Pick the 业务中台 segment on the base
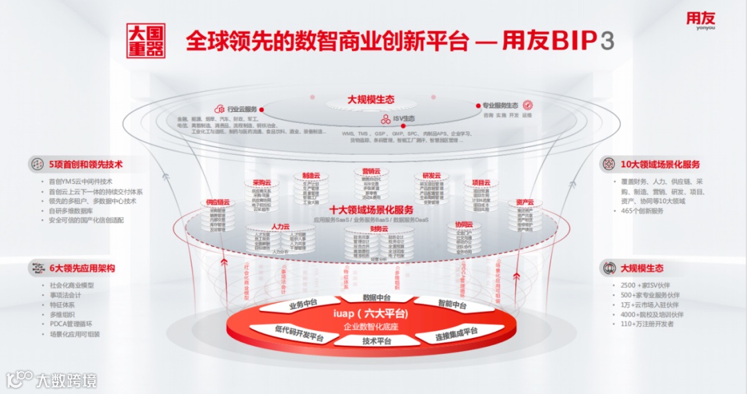click(x=303, y=304)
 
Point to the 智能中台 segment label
click(x=452, y=304)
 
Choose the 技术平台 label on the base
click(x=377, y=341)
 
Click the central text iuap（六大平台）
click(x=376, y=315)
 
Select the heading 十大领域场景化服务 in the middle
click(x=371, y=209)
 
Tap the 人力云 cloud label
click(x=280, y=226)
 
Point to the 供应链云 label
click(x=217, y=203)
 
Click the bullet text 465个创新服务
click(x=642, y=211)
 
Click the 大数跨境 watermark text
click(x=66, y=379)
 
